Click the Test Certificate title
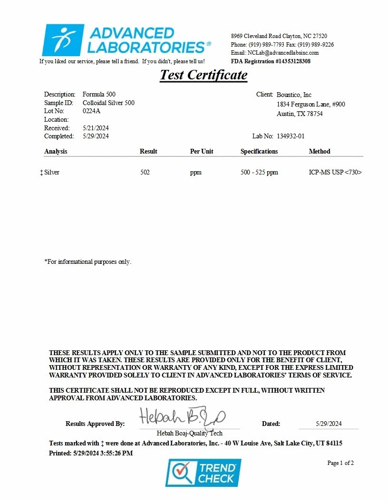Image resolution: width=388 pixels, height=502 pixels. point(204,75)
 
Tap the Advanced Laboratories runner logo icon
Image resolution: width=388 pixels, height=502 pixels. point(63,40)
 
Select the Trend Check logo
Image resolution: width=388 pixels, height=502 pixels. point(203,473)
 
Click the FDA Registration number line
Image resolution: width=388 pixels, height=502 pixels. point(271,61)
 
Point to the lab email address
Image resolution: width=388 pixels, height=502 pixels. point(275,53)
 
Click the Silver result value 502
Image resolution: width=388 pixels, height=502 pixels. point(145,173)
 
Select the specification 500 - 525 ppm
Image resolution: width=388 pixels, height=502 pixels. point(259,173)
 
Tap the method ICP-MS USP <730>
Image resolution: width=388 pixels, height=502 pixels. point(335,173)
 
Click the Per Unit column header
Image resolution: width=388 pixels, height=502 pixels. point(202,152)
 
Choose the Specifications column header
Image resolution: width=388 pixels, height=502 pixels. point(259,152)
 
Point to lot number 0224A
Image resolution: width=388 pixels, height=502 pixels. point(91,111)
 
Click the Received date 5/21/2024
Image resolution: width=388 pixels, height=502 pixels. point(96,128)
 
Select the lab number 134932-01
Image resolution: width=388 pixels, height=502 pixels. point(291,136)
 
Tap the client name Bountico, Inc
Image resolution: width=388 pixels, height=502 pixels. point(294,95)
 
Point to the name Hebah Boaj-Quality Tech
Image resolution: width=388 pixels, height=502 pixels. point(189,433)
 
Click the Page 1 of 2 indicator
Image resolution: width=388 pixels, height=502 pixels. point(340,463)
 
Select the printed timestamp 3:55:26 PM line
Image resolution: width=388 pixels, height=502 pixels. point(91,453)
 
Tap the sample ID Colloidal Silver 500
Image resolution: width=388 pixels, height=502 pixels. point(108,103)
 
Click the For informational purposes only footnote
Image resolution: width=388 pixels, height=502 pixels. point(87,262)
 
